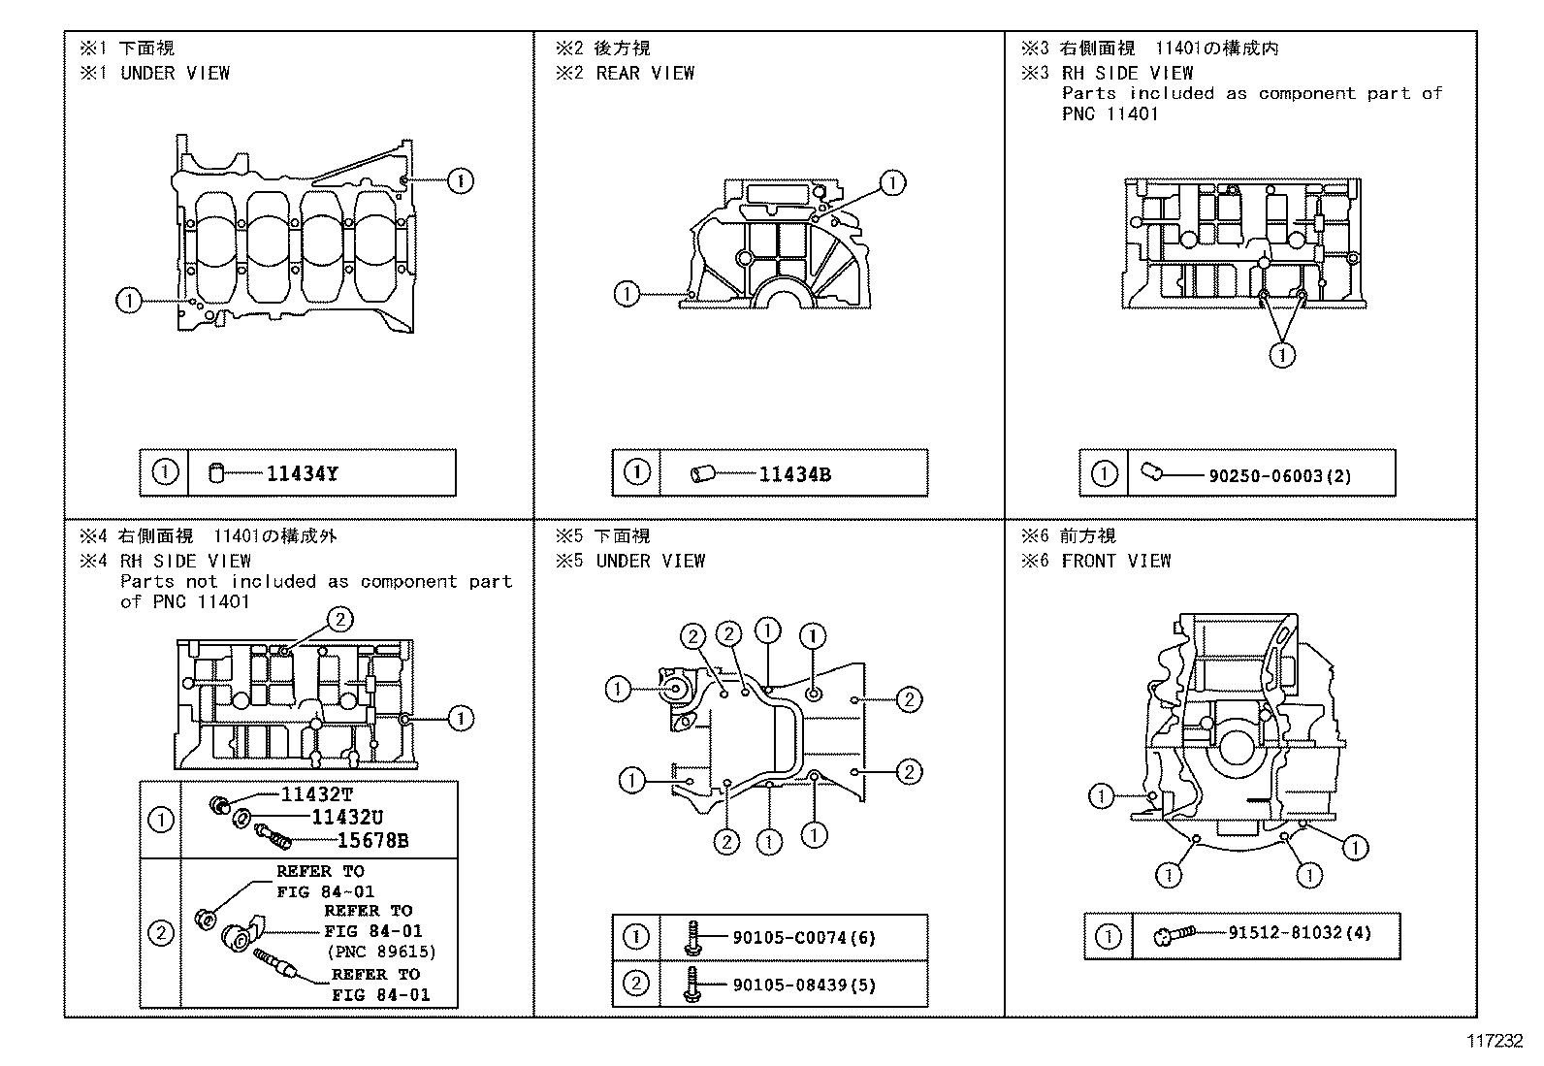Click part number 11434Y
[x=302, y=474]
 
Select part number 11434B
[x=793, y=474]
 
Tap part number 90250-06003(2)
[x=1279, y=475]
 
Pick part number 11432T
[x=316, y=794]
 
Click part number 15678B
[x=372, y=841]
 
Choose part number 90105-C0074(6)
[x=804, y=938]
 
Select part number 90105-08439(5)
[x=804, y=985]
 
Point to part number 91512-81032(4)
[x=1299, y=933]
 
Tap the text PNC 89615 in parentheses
[x=381, y=952]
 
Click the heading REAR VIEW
[x=645, y=73]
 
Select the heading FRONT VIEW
[x=1115, y=561]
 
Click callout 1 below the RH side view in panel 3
[x=1282, y=355]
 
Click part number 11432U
[x=346, y=818]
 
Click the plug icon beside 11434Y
[x=217, y=474]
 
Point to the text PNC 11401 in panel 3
[x=1110, y=113]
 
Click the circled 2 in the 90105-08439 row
[x=635, y=985]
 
